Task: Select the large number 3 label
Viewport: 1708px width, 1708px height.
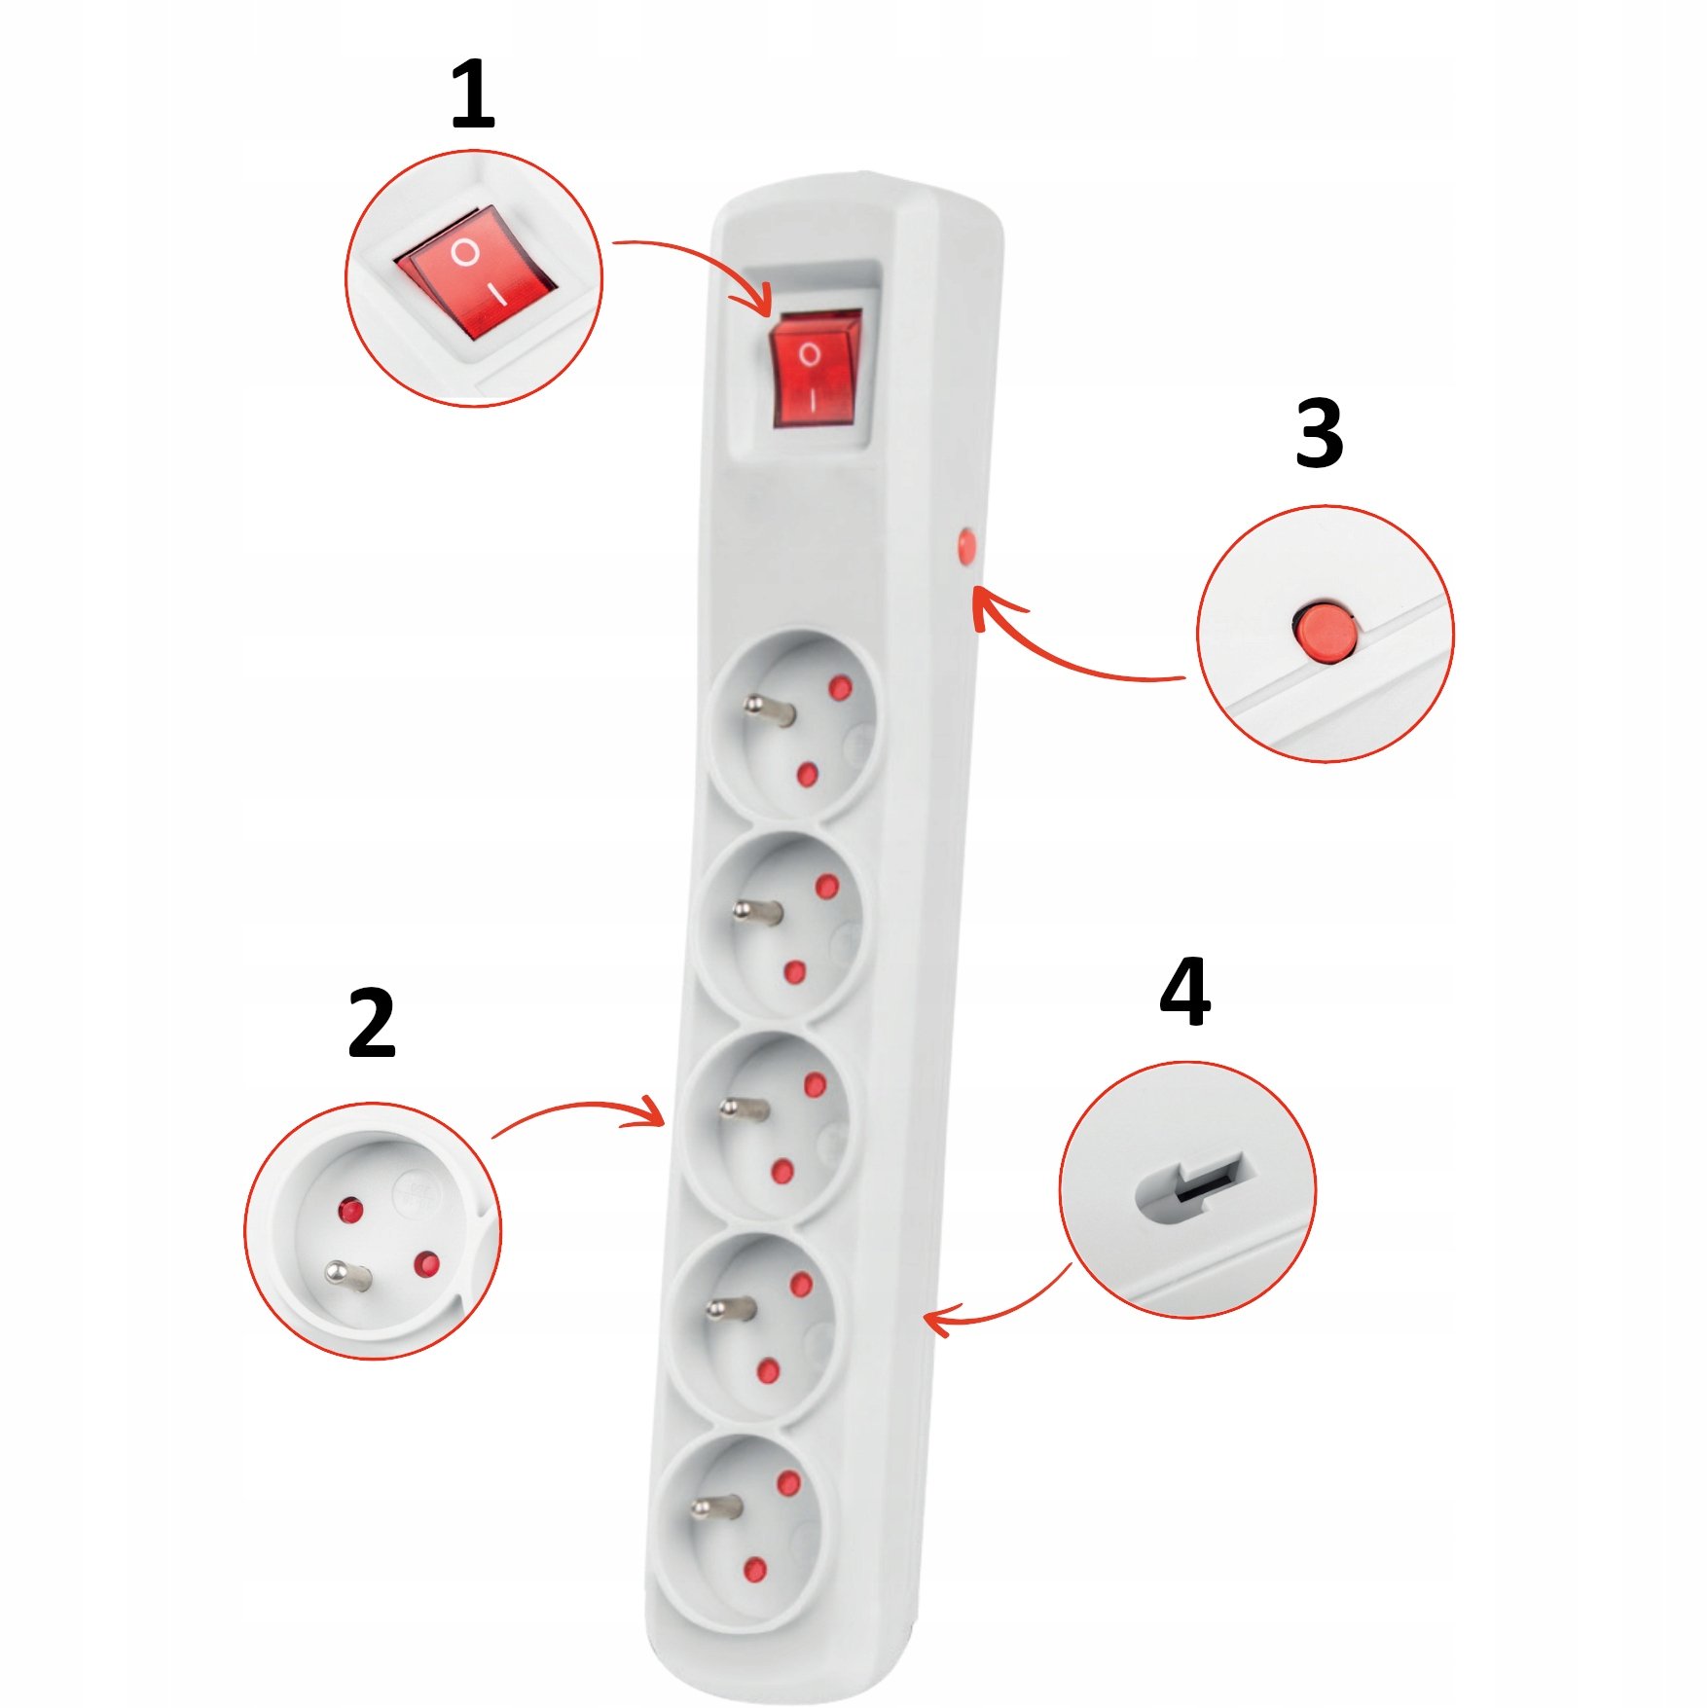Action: [1320, 432]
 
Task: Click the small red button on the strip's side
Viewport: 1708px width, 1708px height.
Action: [966, 547]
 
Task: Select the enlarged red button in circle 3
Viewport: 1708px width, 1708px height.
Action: [1325, 633]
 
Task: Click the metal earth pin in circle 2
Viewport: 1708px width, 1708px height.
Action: [347, 1273]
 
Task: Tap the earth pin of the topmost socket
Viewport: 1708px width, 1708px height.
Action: [769, 711]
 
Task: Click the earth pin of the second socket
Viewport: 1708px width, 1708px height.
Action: [757, 912]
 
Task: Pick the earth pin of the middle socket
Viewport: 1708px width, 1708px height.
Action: [745, 1108]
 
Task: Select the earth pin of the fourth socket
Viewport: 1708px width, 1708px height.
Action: [732, 1309]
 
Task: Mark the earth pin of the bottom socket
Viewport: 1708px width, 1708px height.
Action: [717, 1509]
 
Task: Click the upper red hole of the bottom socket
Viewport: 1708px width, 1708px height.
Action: [787, 1483]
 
